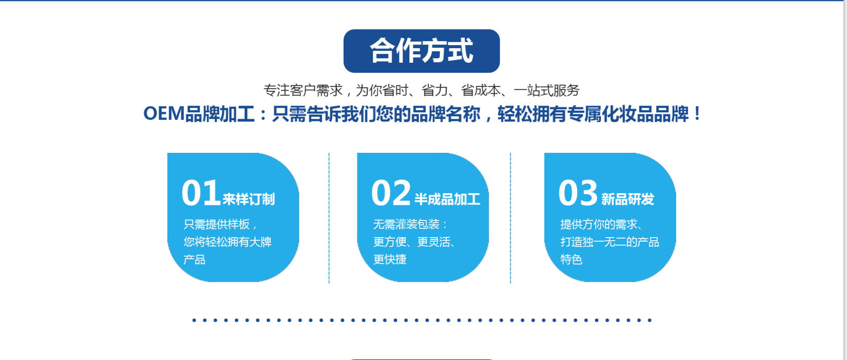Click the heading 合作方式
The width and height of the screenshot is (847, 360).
tap(421, 51)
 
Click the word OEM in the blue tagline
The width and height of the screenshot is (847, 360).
tap(164, 114)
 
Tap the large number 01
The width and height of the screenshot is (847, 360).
tap(201, 193)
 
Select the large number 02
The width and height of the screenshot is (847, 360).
tap(391, 193)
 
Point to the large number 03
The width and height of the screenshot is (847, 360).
tap(578, 193)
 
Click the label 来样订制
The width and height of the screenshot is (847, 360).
tap(249, 199)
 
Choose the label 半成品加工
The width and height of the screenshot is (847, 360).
tap(447, 199)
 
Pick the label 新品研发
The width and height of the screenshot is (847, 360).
tap(628, 199)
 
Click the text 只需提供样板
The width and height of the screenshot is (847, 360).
tap(217, 224)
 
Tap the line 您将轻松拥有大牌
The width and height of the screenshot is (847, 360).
tap(227, 242)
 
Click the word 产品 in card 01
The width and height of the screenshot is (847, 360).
tap(194, 260)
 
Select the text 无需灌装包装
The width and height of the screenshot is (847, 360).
tap(406, 224)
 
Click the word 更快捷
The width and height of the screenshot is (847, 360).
tap(389, 260)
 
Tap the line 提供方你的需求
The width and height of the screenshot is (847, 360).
tap(599, 224)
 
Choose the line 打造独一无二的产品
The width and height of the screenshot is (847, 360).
tap(609, 242)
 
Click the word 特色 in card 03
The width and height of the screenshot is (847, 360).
tap(571, 260)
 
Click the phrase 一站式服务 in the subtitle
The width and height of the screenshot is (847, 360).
tap(547, 91)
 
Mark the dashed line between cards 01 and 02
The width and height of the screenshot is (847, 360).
tap(329, 218)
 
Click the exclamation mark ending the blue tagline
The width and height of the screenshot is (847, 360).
tap(697, 114)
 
